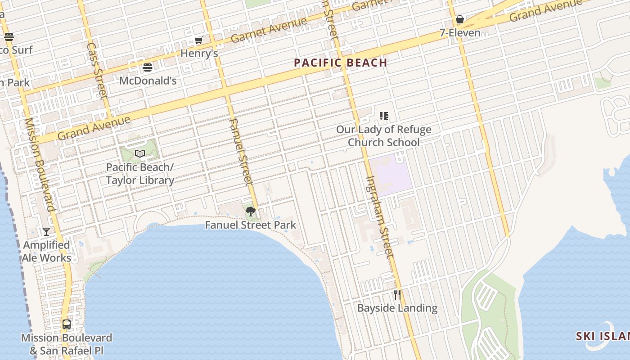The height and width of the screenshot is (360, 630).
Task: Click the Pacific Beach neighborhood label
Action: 341,63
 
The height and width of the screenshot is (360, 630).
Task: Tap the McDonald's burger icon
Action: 148,68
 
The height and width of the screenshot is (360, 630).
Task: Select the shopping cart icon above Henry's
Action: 198,40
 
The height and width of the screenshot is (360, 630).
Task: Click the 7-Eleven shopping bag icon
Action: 459,19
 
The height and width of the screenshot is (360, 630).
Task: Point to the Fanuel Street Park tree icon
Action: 251,211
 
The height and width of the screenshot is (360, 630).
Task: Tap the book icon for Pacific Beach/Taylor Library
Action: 140,154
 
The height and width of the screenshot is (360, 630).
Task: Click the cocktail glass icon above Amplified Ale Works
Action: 46,232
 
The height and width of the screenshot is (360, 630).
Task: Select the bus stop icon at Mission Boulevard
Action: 67,324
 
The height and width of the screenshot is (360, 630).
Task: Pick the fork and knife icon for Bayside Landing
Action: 397,295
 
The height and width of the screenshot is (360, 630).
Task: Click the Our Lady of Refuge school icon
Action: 383,116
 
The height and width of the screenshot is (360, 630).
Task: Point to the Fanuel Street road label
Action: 239,152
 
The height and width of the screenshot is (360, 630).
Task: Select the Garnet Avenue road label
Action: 269,30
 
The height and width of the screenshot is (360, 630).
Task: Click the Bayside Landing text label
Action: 397,308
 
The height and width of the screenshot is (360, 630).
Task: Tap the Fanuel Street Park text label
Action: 251,225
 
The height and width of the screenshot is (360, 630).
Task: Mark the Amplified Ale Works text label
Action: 47,252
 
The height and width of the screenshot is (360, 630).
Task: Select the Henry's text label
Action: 199,54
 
